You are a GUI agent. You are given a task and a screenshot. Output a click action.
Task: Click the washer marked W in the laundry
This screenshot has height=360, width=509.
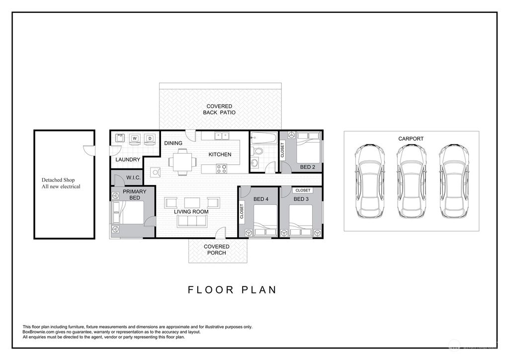(x=135, y=138)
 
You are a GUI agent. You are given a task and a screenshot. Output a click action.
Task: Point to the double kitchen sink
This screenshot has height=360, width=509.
(x=221, y=135)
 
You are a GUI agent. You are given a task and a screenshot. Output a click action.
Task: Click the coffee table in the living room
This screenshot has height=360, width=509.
(x=191, y=202)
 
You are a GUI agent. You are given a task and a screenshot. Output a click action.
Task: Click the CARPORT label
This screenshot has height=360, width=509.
(x=411, y=139)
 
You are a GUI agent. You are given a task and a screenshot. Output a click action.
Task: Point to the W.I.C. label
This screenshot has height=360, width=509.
(x=134, y=178)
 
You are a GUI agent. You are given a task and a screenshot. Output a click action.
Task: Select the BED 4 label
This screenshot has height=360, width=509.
(x=261, y=199)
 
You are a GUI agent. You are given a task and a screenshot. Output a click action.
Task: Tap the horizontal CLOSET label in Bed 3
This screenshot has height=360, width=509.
(x=302, y=190)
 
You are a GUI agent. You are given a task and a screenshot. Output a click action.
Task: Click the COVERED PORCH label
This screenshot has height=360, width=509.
(x=217, y=250)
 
